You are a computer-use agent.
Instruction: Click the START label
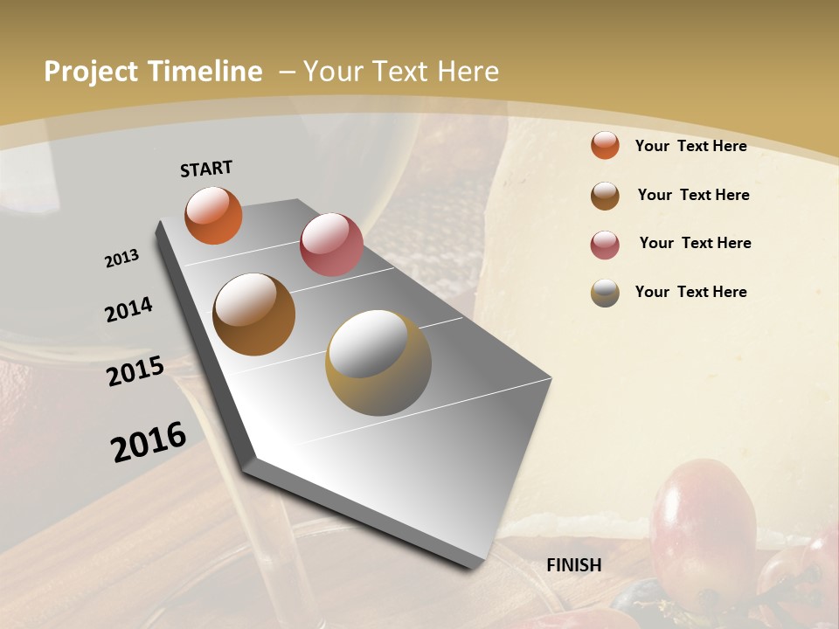pyautogui.click(x=206, y=169)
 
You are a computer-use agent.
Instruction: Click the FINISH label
pyautogui.click(x=574, y=565)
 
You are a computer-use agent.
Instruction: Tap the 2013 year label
pyautogui.click(x=122, y=259)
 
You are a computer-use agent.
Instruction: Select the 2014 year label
pyautogui.click(x=129, y=309)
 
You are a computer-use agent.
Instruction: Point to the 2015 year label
pyautogui.click(x=135, y=371)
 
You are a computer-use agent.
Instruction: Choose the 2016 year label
pyautogui.click(x=149, y=441)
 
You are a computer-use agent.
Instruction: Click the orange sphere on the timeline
pyautogui.click(x=213, y=215)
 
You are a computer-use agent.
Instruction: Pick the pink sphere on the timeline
pyautogui.click(x=331, y=244)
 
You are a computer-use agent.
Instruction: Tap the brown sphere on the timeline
pyautogui.click(x=254, y=314)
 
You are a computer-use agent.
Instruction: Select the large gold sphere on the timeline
pyautogui.click(x=378, y=363)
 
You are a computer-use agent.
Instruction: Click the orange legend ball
pyautogui.click(x=605, y=146)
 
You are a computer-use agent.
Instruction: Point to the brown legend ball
pyautogui.click(x=605, y=196)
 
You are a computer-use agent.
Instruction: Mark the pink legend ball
pyautogui.click(x=605, y=245)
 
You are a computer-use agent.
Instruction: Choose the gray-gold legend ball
pyautogui.click(x=605, y=293)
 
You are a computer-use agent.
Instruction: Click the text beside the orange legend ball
pyautogui.click(x=690, y=146)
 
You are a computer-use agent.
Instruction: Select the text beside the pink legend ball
pyautogui.click(x=695, y=243)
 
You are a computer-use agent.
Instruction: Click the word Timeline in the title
pyautogui.click(x=205, y=72)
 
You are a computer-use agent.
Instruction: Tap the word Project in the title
pyautogui.click(x=92, y=72)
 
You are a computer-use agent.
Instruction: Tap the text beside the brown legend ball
pyautogui.click(x=693, y=195)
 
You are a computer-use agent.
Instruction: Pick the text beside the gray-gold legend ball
pyautogui.click(x=690, y=292)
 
